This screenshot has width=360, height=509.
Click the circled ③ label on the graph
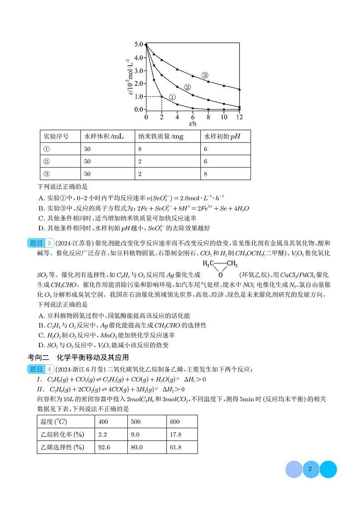(x=204, y=75)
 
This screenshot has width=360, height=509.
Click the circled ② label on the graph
(x=187, y=87)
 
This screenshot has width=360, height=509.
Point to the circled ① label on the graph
(x=172, y=97)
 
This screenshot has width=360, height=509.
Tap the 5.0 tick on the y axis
(x=138, y=44)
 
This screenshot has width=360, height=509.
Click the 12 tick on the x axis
(x=239, y=117)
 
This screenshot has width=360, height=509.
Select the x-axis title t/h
(x=193, y=124)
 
